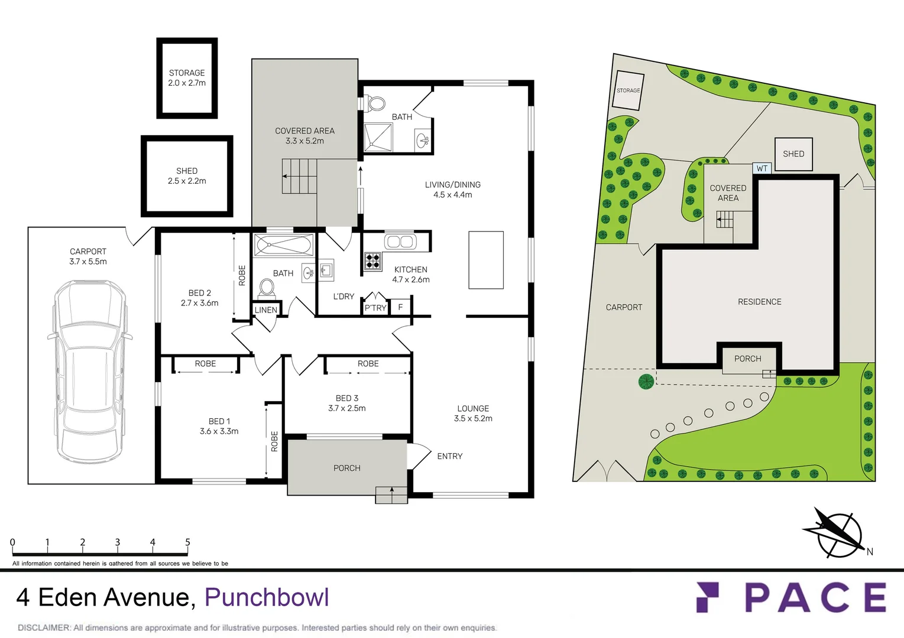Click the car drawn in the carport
[x=90, y=372]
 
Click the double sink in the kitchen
[x=400, y=242]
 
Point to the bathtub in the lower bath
[x=284, y=245]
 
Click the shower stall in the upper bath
[x=378, y=138]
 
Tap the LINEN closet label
[x=266, y=310]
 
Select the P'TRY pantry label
[x=375, y=308]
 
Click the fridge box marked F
[x=400, y=307]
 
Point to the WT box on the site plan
[x=762, y=168]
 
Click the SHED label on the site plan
[x=793, y=154]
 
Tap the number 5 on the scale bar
[x=187, y=542]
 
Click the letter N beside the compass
[x=870, y=552]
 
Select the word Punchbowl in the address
[x=267, y=597]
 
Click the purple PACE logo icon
[x=708, y=597]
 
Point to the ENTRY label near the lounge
[x=449, y=456]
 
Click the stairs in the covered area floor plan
[x=299, y=176]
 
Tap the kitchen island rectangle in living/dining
[x=486, y=260]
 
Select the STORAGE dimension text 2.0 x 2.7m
[x=187, y=83]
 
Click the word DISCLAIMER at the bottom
[x=44, y=627]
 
